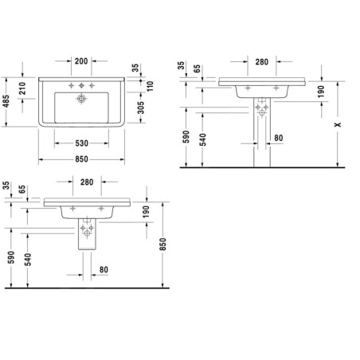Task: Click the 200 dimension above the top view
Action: tap(81, 61)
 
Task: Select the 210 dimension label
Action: tap(22, 88)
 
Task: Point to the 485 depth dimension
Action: tap(6, 101)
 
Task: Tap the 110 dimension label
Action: tap(151, 86)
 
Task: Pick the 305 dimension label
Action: tap(141, 108)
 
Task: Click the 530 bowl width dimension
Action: tap(81, 143)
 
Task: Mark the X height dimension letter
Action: tap(338, 124)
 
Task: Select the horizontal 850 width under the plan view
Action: tap(81, 159)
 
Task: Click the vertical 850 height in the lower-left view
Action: tap(162, 245)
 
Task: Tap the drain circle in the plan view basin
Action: tap(81, 99)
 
